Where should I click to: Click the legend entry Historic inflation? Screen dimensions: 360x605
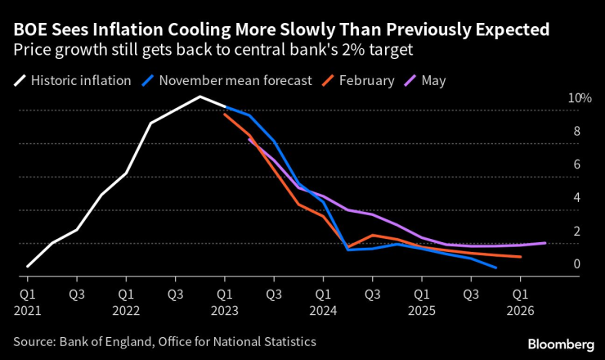[x=78, y=81]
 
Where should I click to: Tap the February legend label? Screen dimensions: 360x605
[x=365, y=81]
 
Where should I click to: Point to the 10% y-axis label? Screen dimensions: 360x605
[x=579, y=98]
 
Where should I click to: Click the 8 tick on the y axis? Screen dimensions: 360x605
[x=577, y=131]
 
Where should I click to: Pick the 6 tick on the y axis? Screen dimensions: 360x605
[x=577, y=164]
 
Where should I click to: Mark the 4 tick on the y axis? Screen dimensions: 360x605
[x=577, y=198]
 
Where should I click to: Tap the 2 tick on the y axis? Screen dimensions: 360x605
[x=577, y=232]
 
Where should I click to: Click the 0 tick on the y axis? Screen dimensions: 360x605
[x=577, y=264]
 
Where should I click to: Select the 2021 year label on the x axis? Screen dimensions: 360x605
[x=27, y=311]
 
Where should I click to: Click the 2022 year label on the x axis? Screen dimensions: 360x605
[x=125, y=311]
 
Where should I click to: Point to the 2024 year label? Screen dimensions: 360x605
[x=323, y=311]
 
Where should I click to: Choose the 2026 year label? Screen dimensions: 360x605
[x=520, y=311]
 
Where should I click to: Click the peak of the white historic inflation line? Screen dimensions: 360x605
[x=199, y=97]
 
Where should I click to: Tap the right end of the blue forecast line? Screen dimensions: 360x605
[x=495, y=268]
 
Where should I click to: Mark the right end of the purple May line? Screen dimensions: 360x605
[x=545, y=242]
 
